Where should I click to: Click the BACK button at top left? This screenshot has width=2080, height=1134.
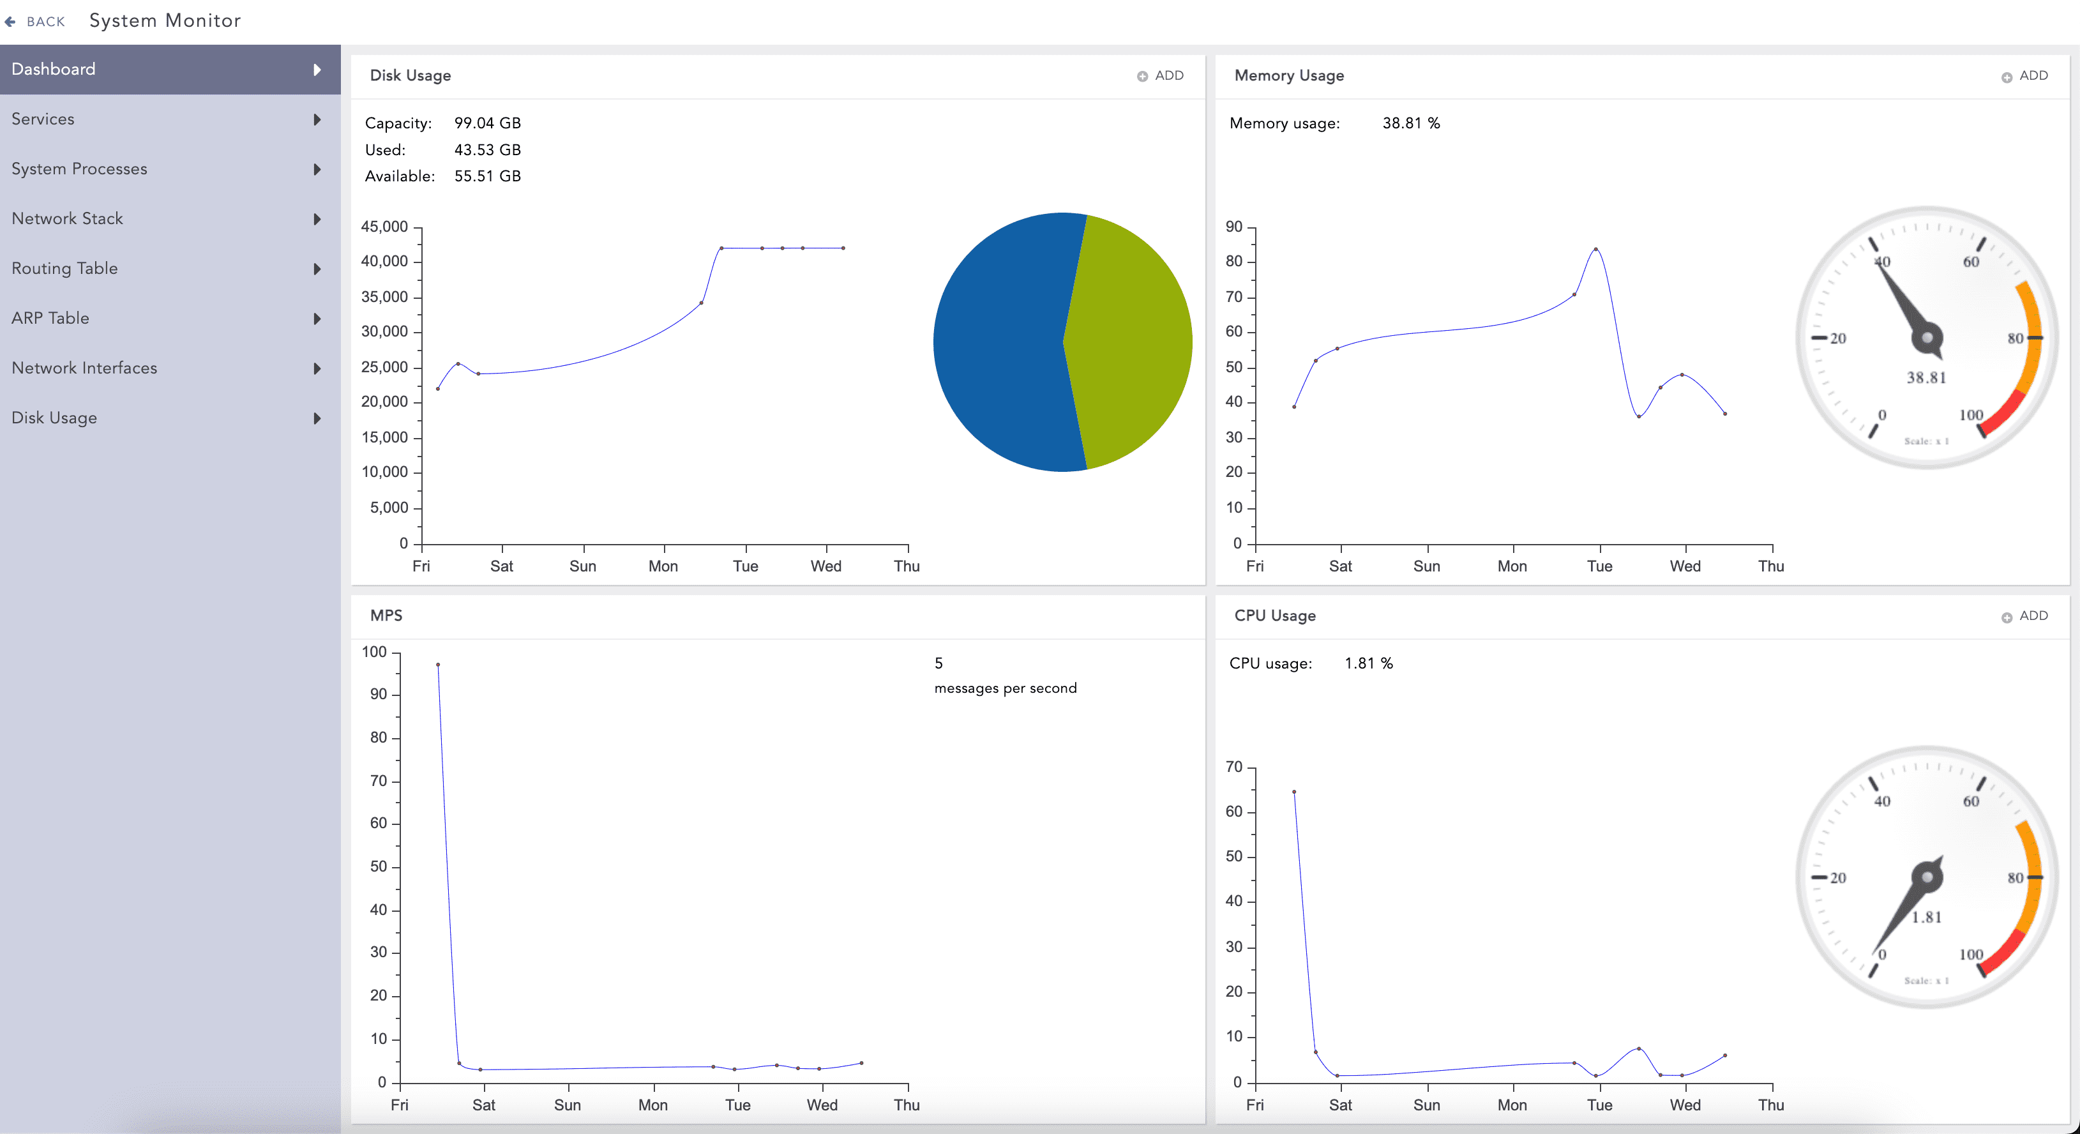tap(36, 22)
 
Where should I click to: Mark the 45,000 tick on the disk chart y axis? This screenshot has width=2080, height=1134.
tap(384, 227)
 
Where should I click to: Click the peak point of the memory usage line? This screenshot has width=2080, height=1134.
tap(1595, 249)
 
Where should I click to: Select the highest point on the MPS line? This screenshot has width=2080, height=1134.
tap(437, 665)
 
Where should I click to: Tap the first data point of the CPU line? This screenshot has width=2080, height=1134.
tap(1294, 792)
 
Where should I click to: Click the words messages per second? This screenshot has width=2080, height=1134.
tap(1006, 688)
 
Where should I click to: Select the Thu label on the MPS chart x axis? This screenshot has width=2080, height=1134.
tap(907, 1105)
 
